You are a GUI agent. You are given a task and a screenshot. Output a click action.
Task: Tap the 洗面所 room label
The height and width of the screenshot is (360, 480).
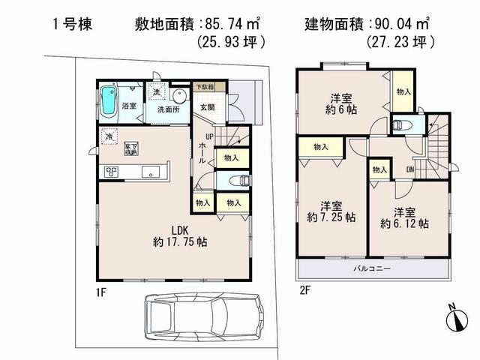click(169, 109)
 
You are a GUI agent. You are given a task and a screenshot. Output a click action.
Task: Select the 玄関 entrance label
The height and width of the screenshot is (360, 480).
click(207, 107)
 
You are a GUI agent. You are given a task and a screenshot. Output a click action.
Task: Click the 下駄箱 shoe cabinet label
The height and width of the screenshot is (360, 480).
click(204, 88)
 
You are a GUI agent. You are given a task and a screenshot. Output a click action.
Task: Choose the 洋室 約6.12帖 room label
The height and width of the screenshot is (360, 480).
click(403, 216)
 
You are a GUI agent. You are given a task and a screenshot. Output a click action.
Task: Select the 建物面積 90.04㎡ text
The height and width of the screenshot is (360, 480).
click(367, 23)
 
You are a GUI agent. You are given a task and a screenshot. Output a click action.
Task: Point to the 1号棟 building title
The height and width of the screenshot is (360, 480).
click(72, 23)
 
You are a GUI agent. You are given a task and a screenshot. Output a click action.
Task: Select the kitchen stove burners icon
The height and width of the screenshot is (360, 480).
click(111, 172)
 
